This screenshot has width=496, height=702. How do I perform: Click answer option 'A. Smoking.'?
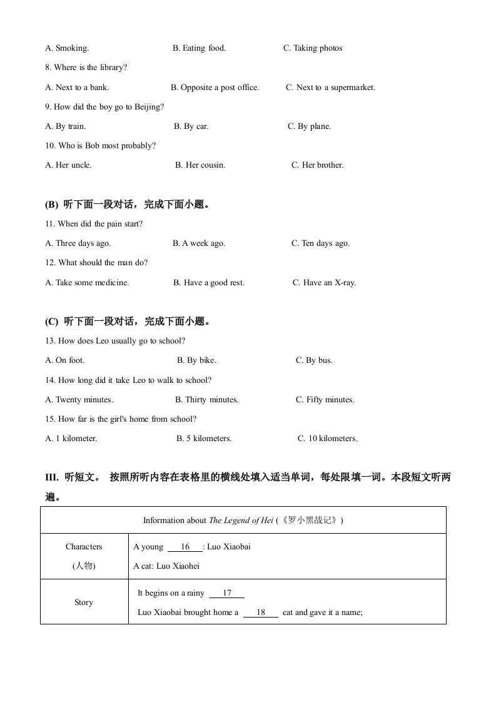[67, 48]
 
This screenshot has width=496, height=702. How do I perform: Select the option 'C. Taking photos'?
[313, 48]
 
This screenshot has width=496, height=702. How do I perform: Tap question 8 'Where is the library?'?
[86, 68]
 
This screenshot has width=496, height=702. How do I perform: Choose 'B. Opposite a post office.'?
[215, 88]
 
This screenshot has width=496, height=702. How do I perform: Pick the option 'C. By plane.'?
[309, 126]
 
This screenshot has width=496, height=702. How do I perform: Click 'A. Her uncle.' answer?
[68, 165]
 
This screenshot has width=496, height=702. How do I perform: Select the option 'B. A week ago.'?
[199, 243]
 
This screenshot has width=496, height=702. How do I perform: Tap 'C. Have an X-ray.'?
[324, 283]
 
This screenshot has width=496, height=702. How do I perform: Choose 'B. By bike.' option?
[196, 360]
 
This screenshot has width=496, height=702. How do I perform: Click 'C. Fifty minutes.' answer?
[325, 400]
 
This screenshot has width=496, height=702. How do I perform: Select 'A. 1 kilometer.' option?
[71, 439]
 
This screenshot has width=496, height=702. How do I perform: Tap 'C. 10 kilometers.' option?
[327, 439]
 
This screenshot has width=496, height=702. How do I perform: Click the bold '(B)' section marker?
[51, 205]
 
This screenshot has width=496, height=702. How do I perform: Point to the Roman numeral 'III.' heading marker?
[51, 477]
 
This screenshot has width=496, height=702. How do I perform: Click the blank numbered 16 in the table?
[185, 547]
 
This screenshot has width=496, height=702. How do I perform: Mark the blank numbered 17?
[227, 593]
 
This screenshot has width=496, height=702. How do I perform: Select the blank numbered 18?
[261, 613]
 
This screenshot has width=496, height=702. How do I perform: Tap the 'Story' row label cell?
[84, 603]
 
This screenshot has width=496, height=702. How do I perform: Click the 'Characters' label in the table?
[84, 547]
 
